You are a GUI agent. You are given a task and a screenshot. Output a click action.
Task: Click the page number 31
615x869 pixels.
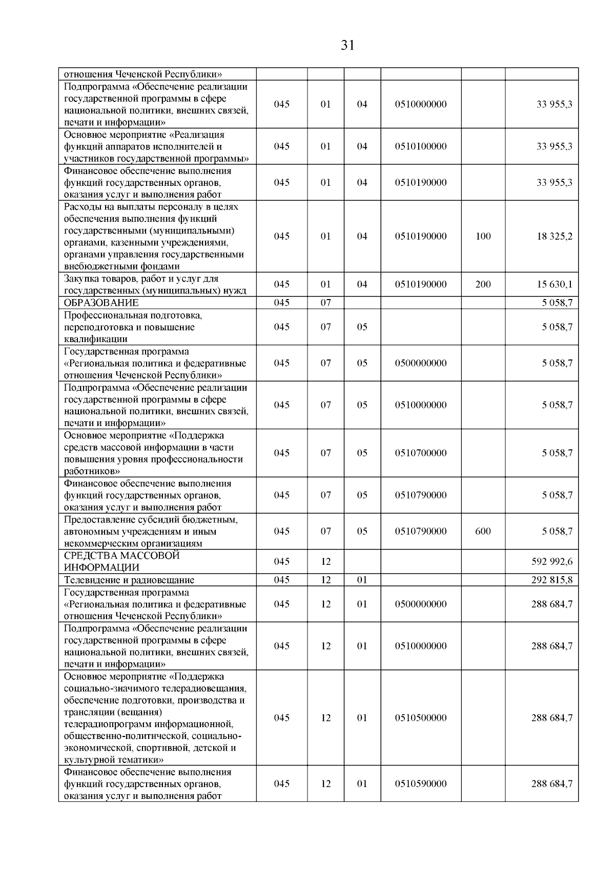(x=347, y=46)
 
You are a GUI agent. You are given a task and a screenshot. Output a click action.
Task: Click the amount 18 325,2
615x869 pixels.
(x=554, y=236)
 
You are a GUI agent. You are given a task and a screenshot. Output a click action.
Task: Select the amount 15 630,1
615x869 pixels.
(x=554, y=284)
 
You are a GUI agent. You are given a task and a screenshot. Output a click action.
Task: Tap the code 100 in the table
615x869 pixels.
(x=483, y=236)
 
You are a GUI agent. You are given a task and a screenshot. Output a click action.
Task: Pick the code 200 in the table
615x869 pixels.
(x=483, y=284)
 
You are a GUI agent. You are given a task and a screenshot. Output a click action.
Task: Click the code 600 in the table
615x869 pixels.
(x=483, y=531)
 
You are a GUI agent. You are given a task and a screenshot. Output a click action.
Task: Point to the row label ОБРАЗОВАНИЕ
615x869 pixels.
(x=101, y=303)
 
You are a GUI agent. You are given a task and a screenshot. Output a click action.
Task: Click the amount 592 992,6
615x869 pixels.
(x=552, y=562)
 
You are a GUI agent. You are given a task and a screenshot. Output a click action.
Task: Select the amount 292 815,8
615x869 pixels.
(x=552, y=580)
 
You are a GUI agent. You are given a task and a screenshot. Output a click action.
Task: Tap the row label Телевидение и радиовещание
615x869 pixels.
(x=129, y=580)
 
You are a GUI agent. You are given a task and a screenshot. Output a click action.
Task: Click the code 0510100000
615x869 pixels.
(x=420, y=146)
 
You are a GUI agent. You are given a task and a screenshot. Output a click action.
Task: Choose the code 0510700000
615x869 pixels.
(x=420, y=453)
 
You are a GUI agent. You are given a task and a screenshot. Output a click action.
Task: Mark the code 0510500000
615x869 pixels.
(x=420, y=717)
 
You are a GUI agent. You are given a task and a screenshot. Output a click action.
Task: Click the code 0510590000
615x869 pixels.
(x=420, y=783)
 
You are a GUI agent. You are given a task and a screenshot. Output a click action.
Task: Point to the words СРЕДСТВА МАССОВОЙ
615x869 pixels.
(x=121, y=556)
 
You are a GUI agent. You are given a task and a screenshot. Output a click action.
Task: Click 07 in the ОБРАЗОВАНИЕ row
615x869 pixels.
(x=325, y=303)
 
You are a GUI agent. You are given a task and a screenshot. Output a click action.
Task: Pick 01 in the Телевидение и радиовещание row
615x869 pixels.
(x=362, y=580)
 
